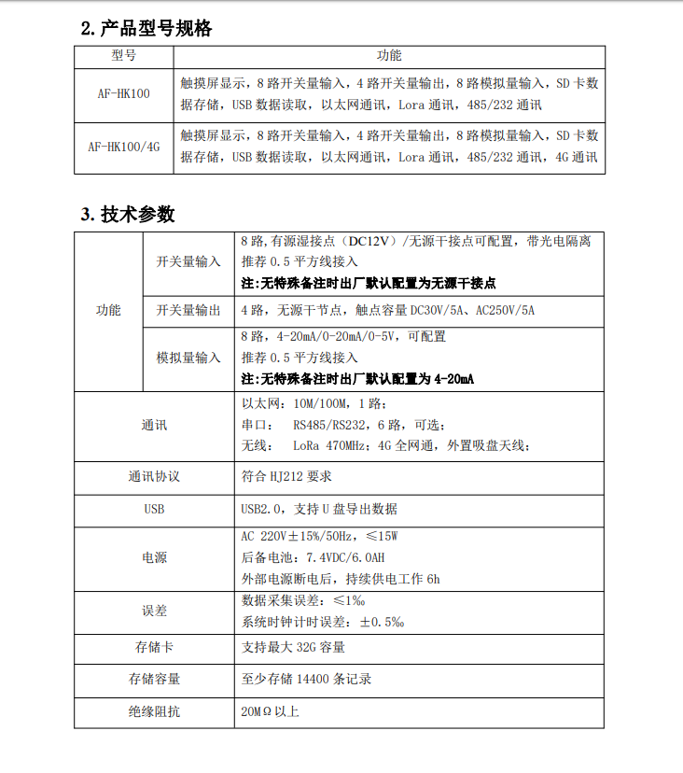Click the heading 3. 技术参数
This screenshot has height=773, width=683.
coord(128,215)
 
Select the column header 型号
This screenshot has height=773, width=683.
coord(124,55)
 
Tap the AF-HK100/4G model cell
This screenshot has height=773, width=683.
coord(124,147)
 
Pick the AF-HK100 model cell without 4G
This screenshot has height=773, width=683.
coord(124,94)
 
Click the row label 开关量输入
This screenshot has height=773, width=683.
coord(188,261)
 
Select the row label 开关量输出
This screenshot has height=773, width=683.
coord(188,310)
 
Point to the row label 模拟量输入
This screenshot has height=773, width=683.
coord(188,358)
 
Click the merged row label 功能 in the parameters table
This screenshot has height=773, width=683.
coord(108,310)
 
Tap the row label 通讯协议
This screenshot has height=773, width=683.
coord(154,476)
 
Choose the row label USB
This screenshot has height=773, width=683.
coord(154,509)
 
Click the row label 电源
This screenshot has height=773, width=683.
coord(154,557)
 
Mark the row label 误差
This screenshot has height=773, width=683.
coord(154,611)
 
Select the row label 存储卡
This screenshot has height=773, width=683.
coord(154,646)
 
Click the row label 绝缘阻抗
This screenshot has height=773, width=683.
coord(154,711)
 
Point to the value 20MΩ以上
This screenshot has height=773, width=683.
coord(270,711)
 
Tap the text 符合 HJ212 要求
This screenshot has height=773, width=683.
coord(286,476)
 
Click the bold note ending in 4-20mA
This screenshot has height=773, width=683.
coord(357,379)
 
